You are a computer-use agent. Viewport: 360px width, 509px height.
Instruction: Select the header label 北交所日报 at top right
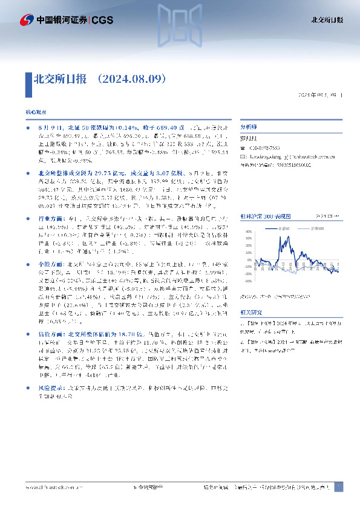[x=327, y=20]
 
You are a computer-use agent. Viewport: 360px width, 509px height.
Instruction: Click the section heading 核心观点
[x=34, y=113]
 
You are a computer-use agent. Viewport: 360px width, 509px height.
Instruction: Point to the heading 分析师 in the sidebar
[x=249, y=128]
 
